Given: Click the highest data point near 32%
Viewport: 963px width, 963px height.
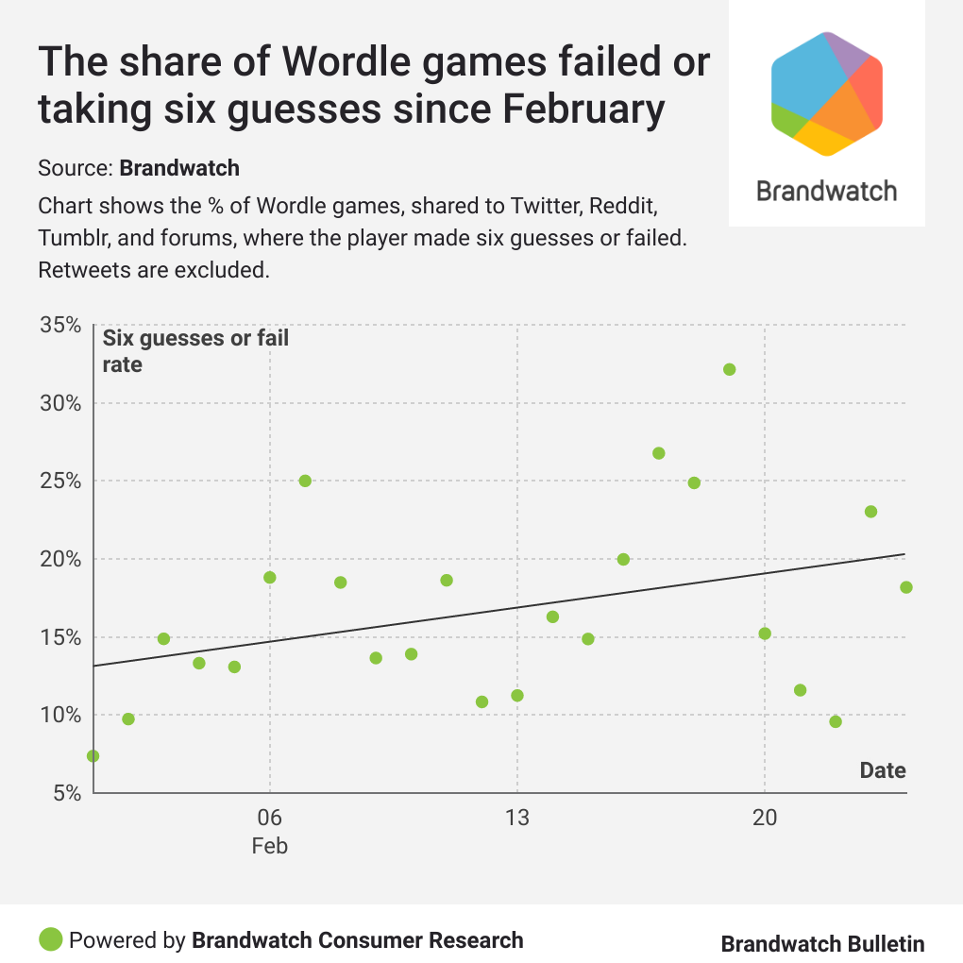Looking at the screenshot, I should [x=729, y=369].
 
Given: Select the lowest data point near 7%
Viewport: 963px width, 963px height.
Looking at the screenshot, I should [x=93, y=756].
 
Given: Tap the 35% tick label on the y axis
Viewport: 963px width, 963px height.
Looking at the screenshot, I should [x=61, y=326].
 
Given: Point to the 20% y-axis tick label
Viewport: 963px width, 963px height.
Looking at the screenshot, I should [x=61, y=559].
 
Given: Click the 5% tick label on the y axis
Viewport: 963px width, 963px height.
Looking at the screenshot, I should [x=66, y=793].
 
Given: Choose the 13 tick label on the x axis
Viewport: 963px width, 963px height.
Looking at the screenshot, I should [x=516, y=818].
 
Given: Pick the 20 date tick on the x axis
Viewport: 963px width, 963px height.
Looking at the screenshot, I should [x=764, y=818].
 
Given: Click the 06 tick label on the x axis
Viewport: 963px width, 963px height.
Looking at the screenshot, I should [x=269, y=818].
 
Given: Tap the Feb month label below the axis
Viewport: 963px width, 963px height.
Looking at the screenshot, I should [x=269, y=846].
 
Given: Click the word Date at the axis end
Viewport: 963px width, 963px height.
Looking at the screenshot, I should [x=882, y=770].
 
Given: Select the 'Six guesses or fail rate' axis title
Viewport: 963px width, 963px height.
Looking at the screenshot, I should [x=195, y=350].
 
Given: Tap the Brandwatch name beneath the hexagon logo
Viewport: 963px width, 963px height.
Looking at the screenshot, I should [x=826, y=191].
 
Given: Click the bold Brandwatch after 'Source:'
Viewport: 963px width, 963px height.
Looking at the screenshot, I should [x=179, y=169].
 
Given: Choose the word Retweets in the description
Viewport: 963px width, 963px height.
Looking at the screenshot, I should [x=80, y=271].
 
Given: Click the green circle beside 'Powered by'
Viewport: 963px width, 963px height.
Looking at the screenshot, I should [x=51, y=939].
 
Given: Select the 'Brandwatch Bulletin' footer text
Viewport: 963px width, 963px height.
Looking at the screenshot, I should [x=822, y=944].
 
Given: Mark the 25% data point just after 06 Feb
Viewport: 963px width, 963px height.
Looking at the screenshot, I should [x=305, y=481].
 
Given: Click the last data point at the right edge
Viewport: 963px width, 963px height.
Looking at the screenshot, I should [x=905, y=587].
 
